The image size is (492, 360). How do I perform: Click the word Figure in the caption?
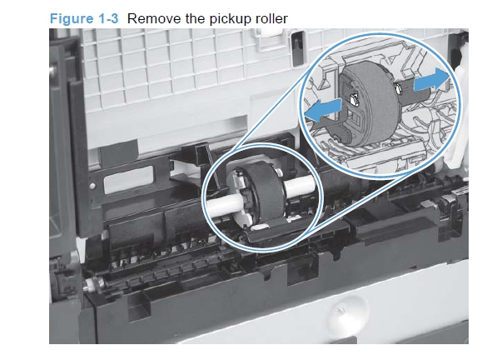72,19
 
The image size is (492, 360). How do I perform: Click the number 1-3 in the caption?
108,18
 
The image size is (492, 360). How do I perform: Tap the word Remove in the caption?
154,18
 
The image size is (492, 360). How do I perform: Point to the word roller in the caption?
271,18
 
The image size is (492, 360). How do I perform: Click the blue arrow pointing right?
431,80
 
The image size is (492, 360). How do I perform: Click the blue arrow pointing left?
323,111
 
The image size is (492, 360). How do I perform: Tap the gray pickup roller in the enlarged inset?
369,103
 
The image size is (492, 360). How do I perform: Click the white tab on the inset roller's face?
353,99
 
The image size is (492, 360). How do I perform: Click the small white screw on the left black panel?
92,186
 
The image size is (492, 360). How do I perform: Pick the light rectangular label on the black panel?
129,179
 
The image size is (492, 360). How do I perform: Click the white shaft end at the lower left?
87,284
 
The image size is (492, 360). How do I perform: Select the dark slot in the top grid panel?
296,47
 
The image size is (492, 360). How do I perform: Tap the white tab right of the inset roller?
399,88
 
